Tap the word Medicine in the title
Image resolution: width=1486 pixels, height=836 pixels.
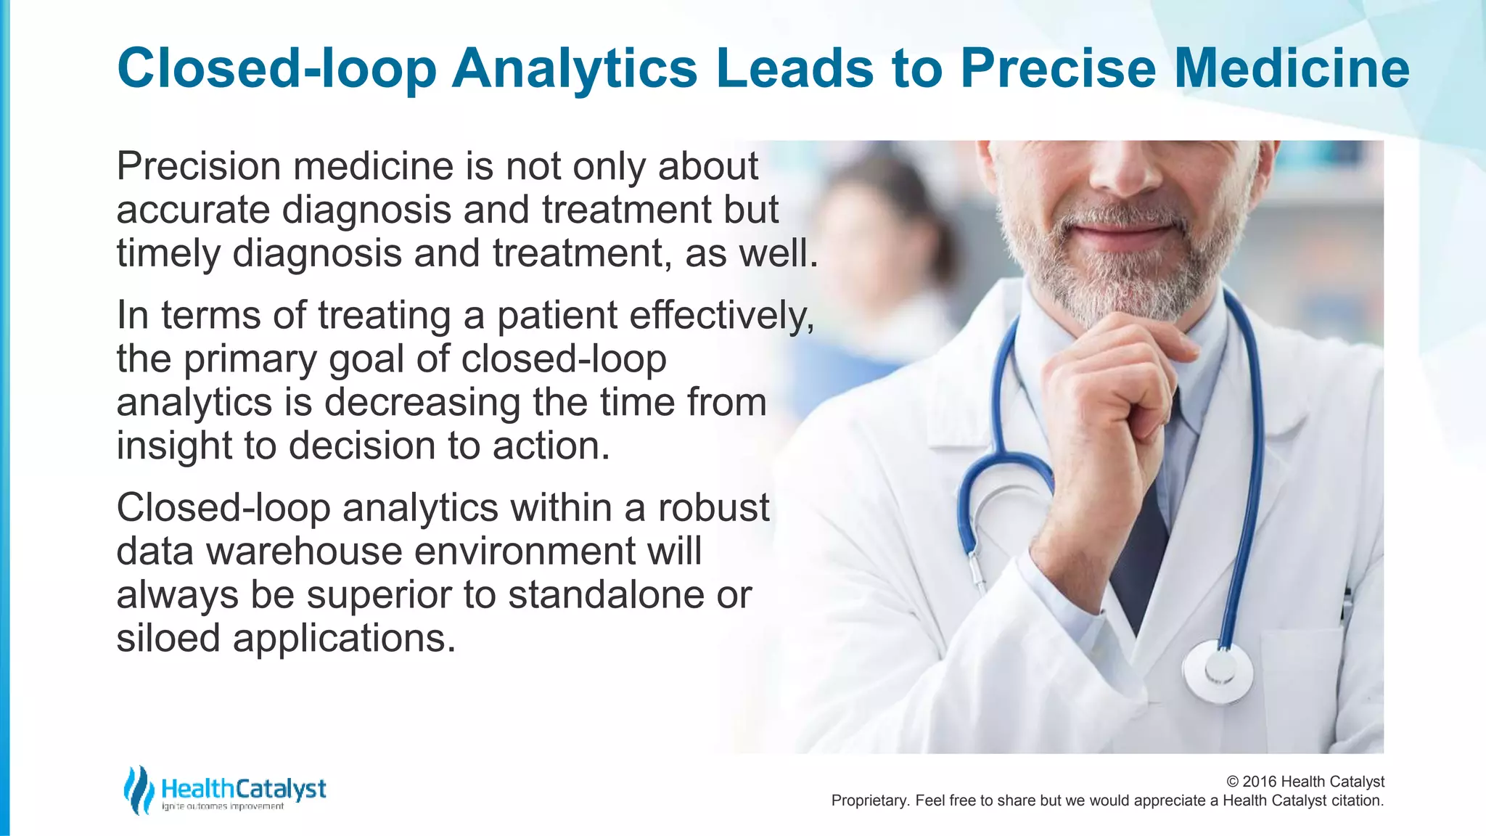pyautogui.click(x=1291, y=69)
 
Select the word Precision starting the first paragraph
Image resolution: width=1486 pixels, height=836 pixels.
pyautogui.click(x=199, y=166)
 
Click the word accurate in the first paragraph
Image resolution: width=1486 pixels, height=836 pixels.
pyautogui.click(x=193, y=210)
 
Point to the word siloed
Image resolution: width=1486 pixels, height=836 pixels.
pyautogui.click(x=168, y=639)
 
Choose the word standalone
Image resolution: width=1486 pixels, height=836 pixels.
pyautogui.click(x=606, y=595)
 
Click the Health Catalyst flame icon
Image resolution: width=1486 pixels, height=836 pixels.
pyautogui.click(x=138, y=790)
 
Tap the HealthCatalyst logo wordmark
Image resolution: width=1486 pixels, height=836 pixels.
pyautogui.click(x=243, y=789)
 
